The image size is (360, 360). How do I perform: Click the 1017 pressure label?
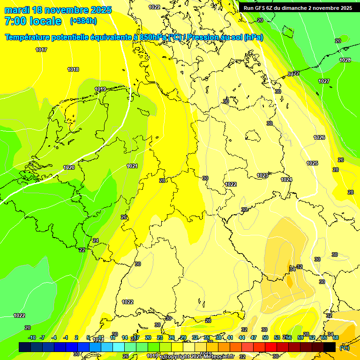click(41, 50)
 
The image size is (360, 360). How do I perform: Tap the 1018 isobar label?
click(73, 69)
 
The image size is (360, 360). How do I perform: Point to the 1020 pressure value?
click(69, 167)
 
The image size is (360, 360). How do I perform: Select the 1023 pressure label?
click(262, 176)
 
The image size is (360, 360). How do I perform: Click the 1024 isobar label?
click(286, 180)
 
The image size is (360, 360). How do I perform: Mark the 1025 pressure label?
click(312, 163)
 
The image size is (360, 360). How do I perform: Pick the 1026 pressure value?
click(319, 137)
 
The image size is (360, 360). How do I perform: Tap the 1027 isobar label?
click(324, 81)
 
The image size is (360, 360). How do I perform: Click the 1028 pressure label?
click(345, 60)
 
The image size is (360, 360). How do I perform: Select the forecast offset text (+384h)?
click(83, 21)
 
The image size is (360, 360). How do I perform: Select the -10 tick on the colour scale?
click(32, 337)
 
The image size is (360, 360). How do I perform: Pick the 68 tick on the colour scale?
click(336, 337)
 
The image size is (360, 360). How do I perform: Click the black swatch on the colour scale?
click(330, 347)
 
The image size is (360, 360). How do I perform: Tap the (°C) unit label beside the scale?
click(345, 347)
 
